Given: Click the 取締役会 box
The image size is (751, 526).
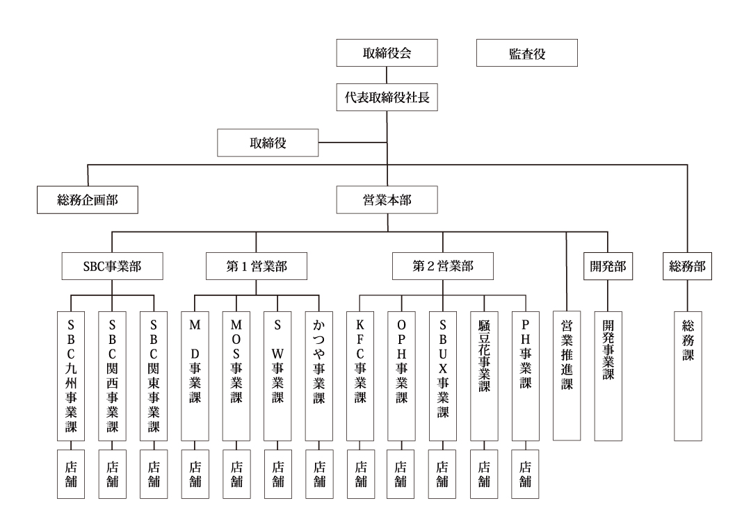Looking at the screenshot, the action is coord(387,53).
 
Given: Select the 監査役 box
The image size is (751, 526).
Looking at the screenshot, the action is coord(527,53).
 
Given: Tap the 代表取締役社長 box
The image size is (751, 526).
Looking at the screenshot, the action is coord(387,97).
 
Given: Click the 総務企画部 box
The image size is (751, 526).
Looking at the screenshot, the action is coord(88,199).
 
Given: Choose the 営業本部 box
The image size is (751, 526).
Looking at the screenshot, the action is coord(387,199).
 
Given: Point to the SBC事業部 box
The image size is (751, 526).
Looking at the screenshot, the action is coord(112,266).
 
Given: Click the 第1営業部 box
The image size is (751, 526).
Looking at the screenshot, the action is coord(256,266).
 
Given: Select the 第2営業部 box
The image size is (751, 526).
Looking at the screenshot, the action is coord(442,266).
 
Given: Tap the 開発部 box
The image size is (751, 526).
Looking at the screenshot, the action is coord(608,266).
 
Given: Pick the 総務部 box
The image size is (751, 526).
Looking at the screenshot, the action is coord(687,266).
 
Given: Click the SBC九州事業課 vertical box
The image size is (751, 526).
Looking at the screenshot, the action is coord(71,376).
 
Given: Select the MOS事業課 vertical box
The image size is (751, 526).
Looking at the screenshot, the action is coord(236,376).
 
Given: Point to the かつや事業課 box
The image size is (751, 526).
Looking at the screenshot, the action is coord(319,376).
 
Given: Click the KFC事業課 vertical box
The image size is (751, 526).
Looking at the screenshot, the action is coord(360,376).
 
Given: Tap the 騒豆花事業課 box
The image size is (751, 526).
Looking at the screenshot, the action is coord(484,376).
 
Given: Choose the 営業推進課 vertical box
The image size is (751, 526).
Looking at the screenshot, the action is coord(567,376).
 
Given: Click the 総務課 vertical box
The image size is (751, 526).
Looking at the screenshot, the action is coord(688,376).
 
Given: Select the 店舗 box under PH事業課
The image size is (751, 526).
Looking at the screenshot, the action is coord(526,474).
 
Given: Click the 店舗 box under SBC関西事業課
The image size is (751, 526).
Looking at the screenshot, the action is coord(112,474).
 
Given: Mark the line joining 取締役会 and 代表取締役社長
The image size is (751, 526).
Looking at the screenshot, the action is coord(387,75).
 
